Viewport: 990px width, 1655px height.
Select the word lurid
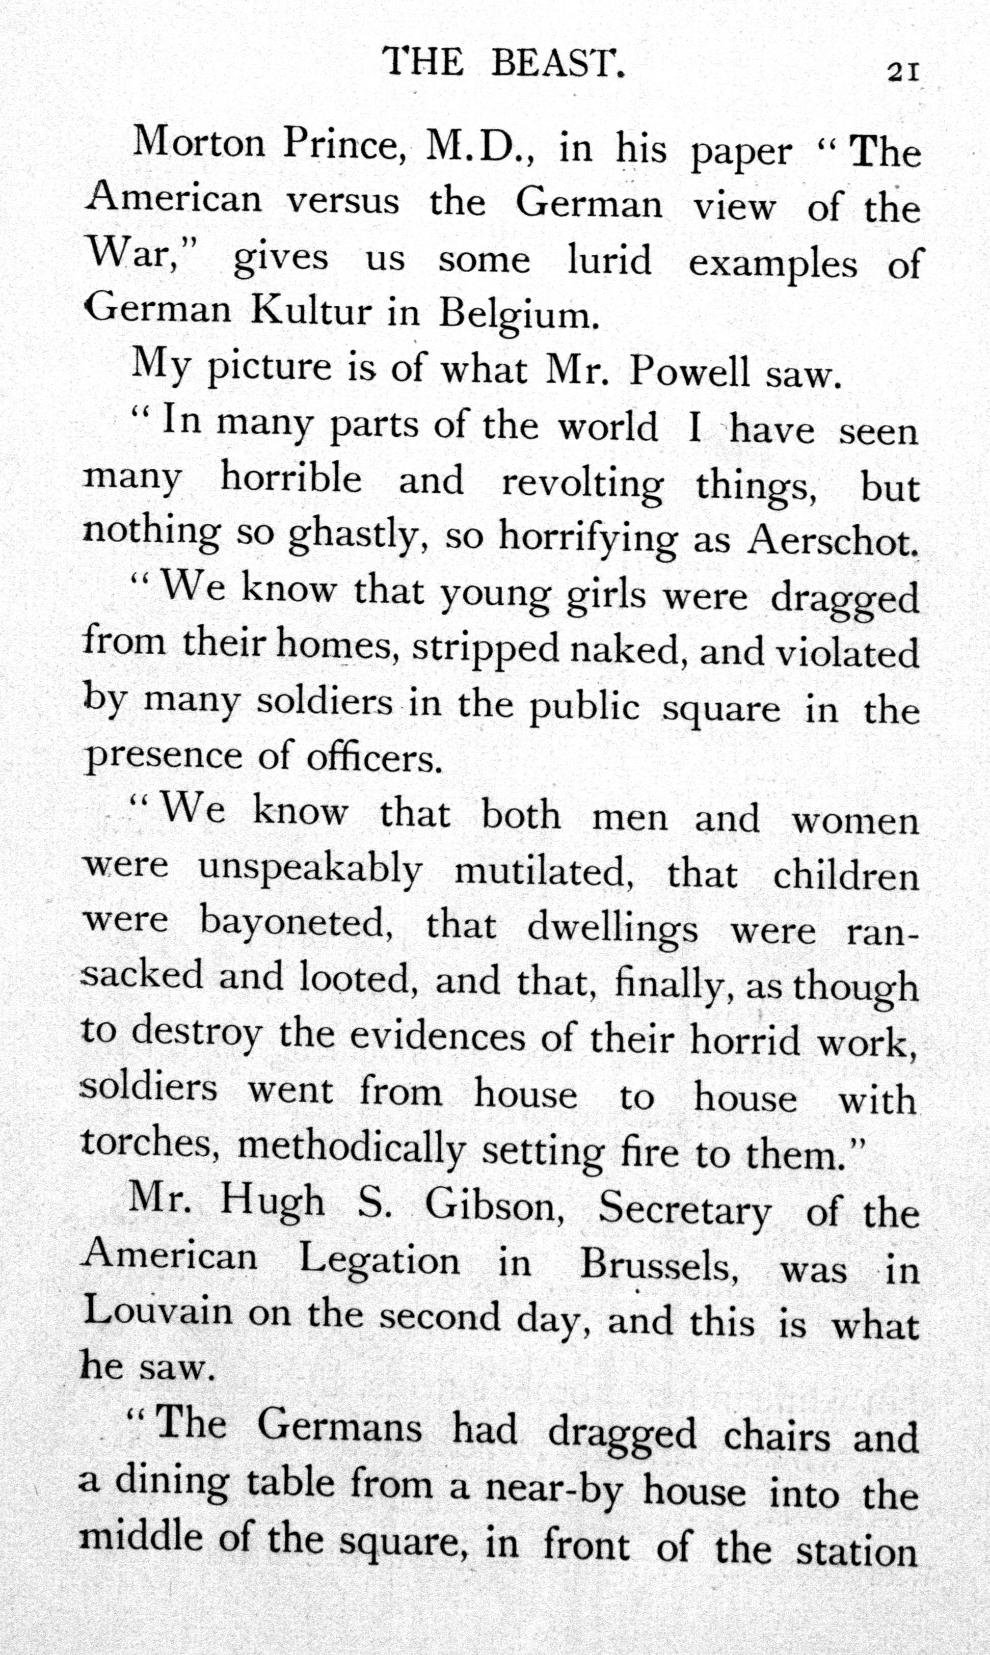(x=609, y=260)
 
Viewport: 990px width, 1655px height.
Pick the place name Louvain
(x=157, y=1313)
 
